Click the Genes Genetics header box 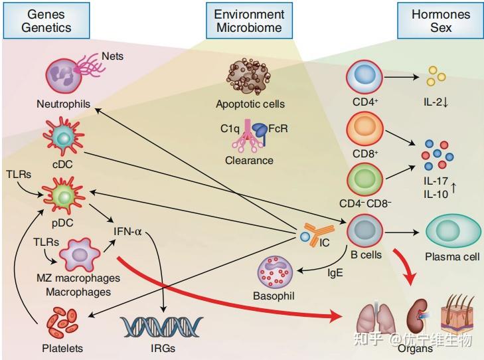point(46,21)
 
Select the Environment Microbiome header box point(248,21)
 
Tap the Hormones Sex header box point(440,21)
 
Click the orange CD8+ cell point(364,129)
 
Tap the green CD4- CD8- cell point(364,181)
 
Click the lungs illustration point(376,317)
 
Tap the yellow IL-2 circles point(436,77)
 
